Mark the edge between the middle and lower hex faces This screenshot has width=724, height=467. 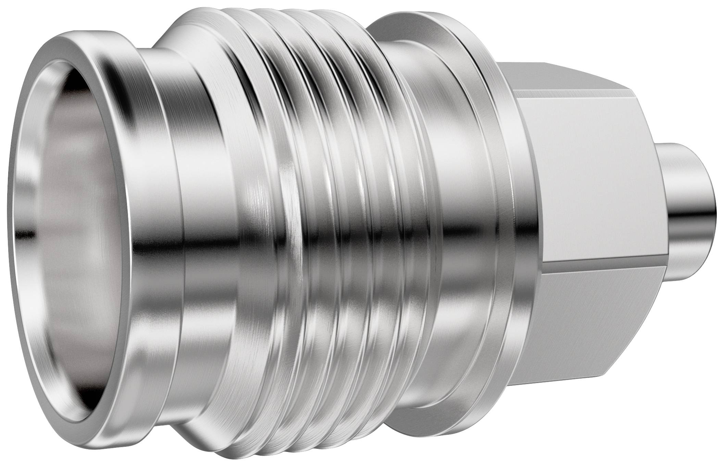[589, 272]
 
